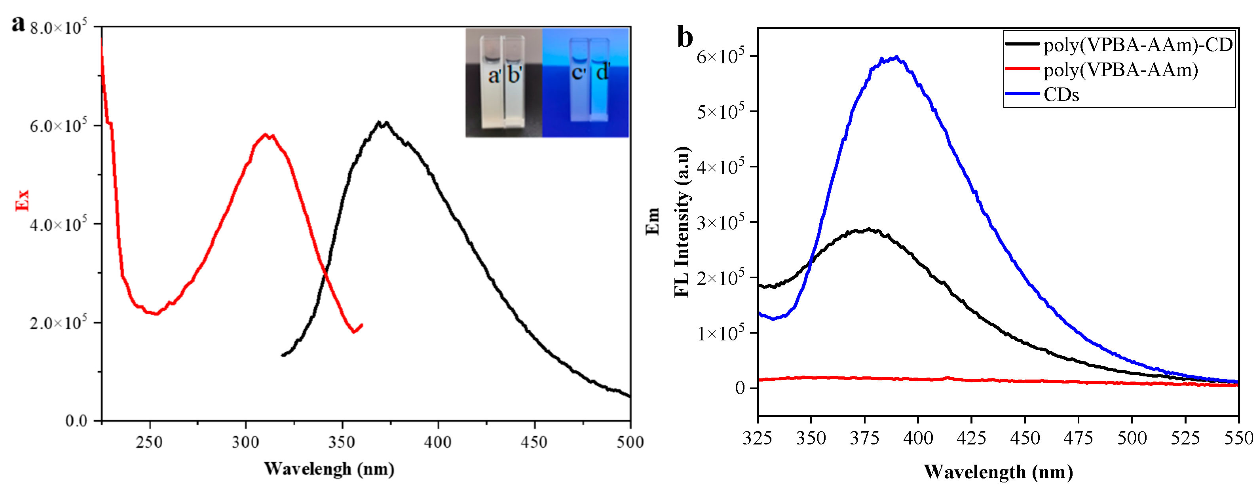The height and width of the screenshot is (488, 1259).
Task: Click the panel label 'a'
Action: pos(18,23)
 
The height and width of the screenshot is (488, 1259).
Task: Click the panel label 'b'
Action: pos(685,37)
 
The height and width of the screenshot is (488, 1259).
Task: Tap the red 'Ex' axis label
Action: pos(23,200)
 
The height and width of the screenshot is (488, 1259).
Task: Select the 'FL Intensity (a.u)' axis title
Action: pos(682,222)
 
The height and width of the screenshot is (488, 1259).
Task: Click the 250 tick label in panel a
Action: pos(149,442)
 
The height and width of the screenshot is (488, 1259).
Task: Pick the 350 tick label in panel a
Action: pos(341,442)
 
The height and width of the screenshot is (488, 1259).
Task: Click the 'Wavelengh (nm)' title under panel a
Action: pos(329,469)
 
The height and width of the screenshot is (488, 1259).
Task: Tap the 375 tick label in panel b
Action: pos(864,438)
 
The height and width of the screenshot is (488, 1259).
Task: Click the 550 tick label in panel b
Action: pos(1238,438)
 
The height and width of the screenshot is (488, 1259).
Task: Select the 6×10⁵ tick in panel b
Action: pos(720,56)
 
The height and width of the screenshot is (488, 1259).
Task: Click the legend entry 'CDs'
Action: pos(1061,94)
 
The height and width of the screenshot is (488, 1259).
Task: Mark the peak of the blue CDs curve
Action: pos(895,58)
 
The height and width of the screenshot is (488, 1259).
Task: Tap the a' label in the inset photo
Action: pos(494,76)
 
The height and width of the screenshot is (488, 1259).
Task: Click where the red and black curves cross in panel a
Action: pos(325,275)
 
